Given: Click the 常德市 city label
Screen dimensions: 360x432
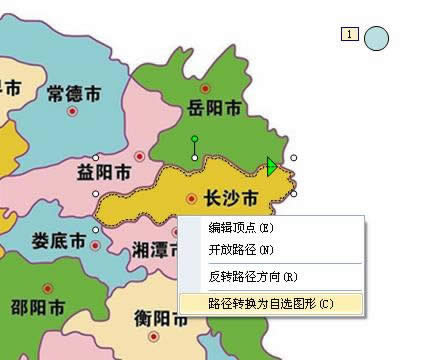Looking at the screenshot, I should pos(73,93).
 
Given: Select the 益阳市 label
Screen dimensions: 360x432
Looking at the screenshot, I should pos(103,172).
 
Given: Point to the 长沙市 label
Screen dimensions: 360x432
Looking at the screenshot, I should pos(230,197).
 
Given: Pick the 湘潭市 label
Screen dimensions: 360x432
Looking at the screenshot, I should pos(153,250).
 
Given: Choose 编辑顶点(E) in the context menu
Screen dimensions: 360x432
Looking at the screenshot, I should pos(241,229).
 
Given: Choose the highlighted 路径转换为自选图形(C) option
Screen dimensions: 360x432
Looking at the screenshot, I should pos(270,302).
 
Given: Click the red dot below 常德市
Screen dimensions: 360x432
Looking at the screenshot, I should pos(72,112).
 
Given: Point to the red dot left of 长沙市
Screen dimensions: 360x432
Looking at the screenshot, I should pos(191,198).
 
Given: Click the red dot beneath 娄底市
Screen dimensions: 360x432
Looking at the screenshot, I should pos(53,262).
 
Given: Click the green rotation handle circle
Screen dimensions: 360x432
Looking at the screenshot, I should pos(194,139).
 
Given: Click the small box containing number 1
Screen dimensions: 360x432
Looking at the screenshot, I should pos(350,35).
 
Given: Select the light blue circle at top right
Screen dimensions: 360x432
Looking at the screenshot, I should pos(376,39).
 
